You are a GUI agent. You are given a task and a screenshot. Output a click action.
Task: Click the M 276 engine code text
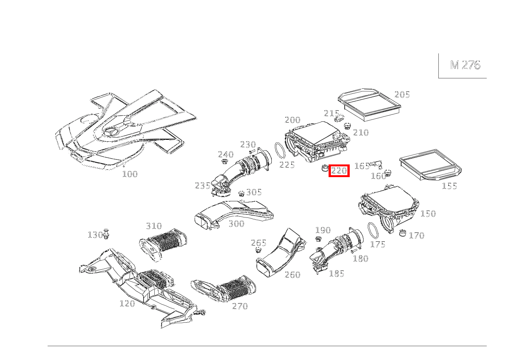point(465,65)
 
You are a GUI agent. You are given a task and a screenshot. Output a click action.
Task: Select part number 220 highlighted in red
point(339,171)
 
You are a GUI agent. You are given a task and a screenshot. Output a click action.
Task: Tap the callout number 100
point(130,174)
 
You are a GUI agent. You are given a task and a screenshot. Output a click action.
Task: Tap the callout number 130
point(95,235)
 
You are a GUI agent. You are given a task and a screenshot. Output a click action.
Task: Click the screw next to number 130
point(106,234)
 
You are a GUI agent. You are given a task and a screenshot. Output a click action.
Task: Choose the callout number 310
point(154,226)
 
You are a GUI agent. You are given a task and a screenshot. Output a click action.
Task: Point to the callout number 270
point(240,306)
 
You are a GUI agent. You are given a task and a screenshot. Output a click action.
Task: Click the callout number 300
point(236,224)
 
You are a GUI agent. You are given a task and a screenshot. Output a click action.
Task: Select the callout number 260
point(293,275)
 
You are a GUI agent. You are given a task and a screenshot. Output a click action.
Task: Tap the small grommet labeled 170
point(403,233)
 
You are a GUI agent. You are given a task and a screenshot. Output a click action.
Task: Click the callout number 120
point(127,304)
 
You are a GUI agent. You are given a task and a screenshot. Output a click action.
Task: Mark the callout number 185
point(337,274)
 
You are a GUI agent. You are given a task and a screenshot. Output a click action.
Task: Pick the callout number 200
point(293,120)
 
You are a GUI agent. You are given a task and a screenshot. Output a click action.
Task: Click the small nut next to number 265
point(258,251)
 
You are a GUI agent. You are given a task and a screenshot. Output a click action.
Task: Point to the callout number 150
point(428,214)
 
